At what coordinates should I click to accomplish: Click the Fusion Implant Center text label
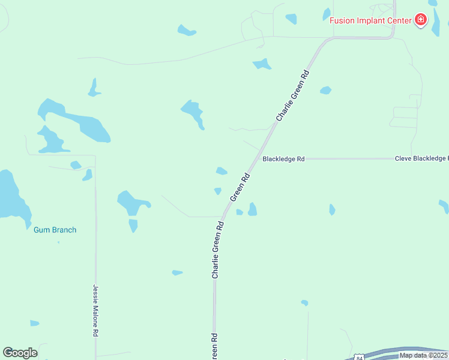point(370,20)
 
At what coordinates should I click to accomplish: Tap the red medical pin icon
point(421,20)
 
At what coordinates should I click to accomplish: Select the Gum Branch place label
point(55,230)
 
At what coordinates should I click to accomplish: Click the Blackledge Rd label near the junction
point(283,159)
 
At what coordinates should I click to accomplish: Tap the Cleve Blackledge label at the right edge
point(421,158)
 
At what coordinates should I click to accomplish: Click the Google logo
point(20,353)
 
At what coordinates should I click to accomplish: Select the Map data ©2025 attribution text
point(423,355)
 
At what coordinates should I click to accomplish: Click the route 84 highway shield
point(358,356)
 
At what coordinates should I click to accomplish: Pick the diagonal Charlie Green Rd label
point(293,95)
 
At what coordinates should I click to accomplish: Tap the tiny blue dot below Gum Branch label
point(58,242)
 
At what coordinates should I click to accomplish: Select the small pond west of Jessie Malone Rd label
point(35,323)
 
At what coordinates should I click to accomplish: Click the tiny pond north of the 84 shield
point(305,303)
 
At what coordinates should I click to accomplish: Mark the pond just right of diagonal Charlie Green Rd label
point(325,91)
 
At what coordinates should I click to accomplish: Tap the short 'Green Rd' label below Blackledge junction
point(240,188)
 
